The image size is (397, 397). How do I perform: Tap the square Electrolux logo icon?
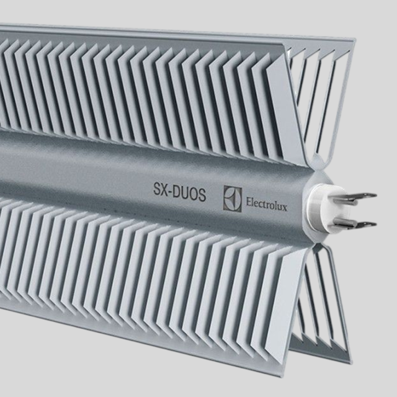[x=233, y=197]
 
